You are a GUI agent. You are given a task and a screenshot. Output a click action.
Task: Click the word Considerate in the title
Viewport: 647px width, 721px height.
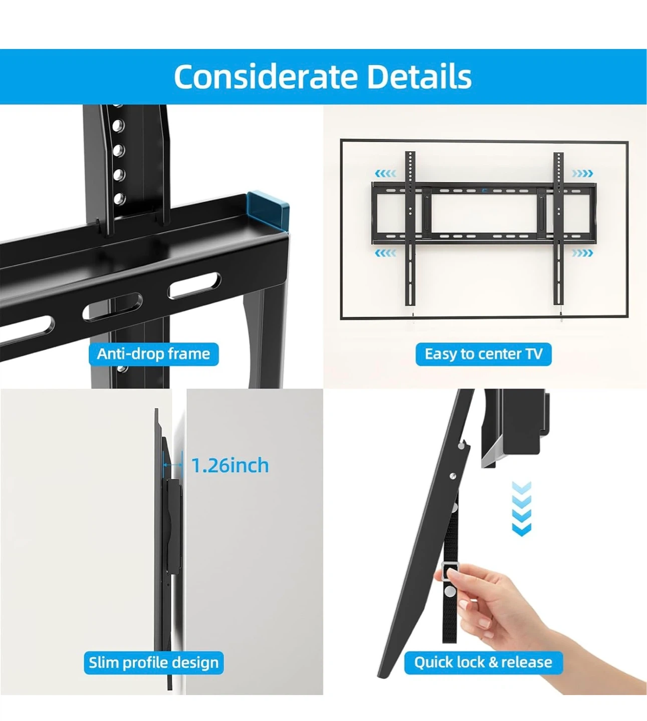point(266,77)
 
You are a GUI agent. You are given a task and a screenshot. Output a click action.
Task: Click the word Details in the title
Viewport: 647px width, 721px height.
point(419,77)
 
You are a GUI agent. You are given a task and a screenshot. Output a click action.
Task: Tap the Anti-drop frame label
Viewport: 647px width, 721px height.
point(153,354)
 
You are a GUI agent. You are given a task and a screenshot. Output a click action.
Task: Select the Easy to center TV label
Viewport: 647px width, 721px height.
point(484,354)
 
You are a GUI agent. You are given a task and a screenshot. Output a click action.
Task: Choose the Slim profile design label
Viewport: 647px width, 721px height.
point(153,662)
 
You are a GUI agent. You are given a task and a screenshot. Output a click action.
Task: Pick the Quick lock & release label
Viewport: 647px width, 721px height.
point(483,662)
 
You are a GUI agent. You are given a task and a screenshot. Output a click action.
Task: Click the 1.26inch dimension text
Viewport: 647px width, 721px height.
point(230,466)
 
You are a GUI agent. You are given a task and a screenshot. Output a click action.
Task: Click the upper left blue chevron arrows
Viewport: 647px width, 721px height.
point(385,174)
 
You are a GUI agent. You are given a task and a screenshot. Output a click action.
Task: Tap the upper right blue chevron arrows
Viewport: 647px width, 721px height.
point(582,174)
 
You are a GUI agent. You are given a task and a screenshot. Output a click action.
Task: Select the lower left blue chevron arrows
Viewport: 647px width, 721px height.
point(385,253)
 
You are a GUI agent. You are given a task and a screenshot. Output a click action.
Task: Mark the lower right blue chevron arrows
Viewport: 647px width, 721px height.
point(582,253)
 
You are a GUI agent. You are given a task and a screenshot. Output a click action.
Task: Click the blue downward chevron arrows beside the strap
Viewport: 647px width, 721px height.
point(522,509)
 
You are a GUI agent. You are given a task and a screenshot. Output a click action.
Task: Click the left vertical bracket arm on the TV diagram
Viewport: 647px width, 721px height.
point(410,228)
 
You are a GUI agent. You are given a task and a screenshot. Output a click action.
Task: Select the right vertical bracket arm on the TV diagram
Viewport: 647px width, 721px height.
point(558,228)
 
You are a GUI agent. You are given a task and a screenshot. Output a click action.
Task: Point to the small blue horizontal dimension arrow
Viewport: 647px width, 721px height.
point(172,465)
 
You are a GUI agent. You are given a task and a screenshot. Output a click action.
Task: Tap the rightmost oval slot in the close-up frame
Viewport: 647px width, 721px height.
point(194,285)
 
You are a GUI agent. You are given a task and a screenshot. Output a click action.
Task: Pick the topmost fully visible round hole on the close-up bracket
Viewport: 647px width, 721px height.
point(118,126)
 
